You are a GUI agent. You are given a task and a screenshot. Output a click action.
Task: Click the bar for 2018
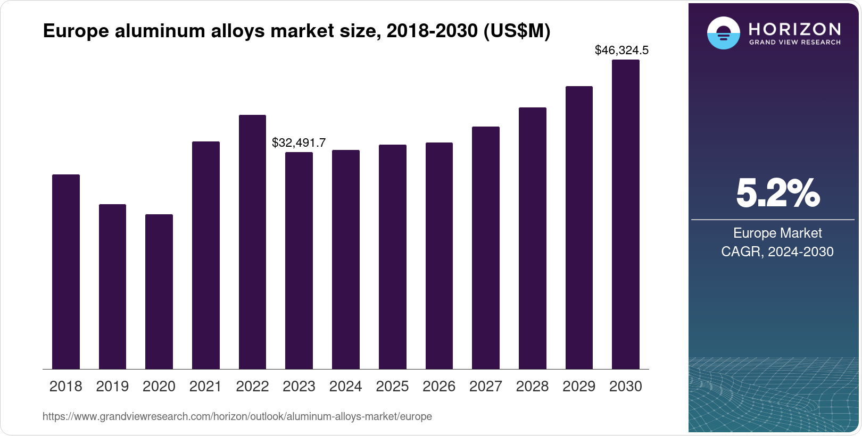click(x=66, y=272)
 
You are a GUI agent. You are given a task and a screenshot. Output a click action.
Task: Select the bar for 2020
click(x=159, y=291)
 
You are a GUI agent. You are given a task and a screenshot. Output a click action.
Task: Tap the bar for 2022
click(x=252, y=242)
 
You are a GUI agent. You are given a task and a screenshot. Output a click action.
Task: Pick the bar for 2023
click(x=299, y=261)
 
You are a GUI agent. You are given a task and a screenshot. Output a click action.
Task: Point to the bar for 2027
click(x=486, y=248)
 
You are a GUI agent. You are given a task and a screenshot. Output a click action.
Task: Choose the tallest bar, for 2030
click(x=626, y=214)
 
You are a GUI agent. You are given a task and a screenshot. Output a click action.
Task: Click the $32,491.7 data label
click(x=299, y=142)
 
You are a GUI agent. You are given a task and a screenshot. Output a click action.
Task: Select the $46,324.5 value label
click(x=621, y=51)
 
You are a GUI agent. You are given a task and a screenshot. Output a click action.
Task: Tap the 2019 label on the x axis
click(x=112, y=387)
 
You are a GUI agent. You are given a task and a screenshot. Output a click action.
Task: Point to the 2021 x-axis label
click(x=205, y=387)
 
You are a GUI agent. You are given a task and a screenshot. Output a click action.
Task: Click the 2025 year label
click(x=392, y=387)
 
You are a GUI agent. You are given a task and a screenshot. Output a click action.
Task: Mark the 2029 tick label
click(x=579, y=387)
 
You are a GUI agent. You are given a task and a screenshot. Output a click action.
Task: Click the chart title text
click(x=296, y=31)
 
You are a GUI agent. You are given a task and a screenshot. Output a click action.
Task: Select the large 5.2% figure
click(x=777, y=194)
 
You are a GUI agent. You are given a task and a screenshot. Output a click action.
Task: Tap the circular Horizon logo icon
click(x=723, y=33)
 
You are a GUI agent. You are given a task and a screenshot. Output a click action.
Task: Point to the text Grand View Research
click(x=794, y=42)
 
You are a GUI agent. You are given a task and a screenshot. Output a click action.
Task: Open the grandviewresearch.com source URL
click(x=237, y=417)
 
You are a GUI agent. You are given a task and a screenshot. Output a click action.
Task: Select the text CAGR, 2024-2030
click(x=777, y=251)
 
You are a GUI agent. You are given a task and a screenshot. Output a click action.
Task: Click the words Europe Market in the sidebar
click(x=777, y=233)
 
